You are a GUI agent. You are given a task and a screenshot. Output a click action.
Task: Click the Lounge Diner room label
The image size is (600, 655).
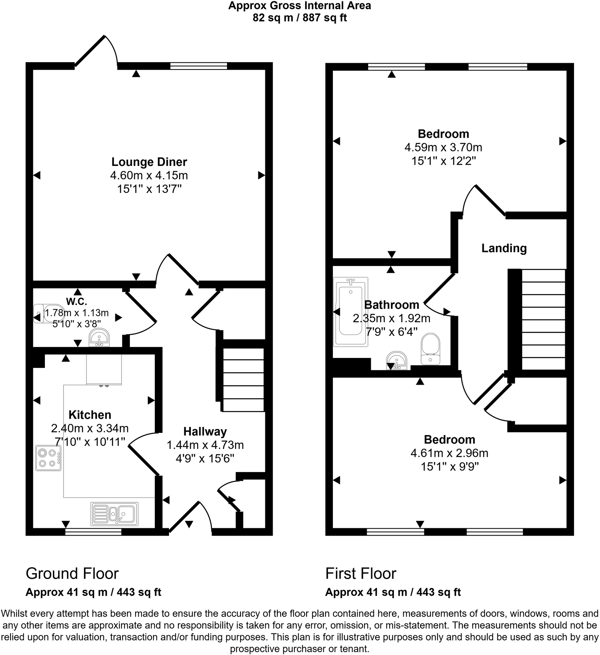149,162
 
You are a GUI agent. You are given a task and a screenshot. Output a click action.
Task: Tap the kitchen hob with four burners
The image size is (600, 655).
48,458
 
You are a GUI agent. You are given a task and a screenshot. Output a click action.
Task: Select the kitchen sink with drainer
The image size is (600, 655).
114,514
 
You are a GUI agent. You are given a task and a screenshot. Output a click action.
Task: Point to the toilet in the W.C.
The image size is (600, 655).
47,313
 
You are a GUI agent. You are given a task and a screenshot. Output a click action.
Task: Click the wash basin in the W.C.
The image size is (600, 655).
99,337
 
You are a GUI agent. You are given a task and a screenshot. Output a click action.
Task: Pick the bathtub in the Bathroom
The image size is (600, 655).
350,311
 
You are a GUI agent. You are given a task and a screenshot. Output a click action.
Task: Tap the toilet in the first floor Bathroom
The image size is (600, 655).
431,348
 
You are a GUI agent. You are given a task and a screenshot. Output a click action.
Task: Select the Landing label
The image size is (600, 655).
504,248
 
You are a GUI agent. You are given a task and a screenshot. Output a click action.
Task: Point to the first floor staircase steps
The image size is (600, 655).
543,320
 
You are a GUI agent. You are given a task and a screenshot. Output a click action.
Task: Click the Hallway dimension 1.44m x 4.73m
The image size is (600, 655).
205,445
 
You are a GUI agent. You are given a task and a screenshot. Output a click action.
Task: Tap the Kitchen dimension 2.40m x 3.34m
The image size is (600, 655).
90,428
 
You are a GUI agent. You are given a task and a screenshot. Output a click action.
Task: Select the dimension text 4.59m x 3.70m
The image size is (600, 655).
443,148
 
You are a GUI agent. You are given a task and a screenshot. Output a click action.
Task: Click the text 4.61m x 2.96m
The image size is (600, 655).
449,453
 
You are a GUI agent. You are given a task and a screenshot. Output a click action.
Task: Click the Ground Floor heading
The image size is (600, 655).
72,574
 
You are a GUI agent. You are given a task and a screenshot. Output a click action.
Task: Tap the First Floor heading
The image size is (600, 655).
361,574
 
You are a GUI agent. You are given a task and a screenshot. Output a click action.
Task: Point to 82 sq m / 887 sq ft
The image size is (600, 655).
300,18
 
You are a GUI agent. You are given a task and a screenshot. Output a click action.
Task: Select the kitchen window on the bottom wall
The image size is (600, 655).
93,533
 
